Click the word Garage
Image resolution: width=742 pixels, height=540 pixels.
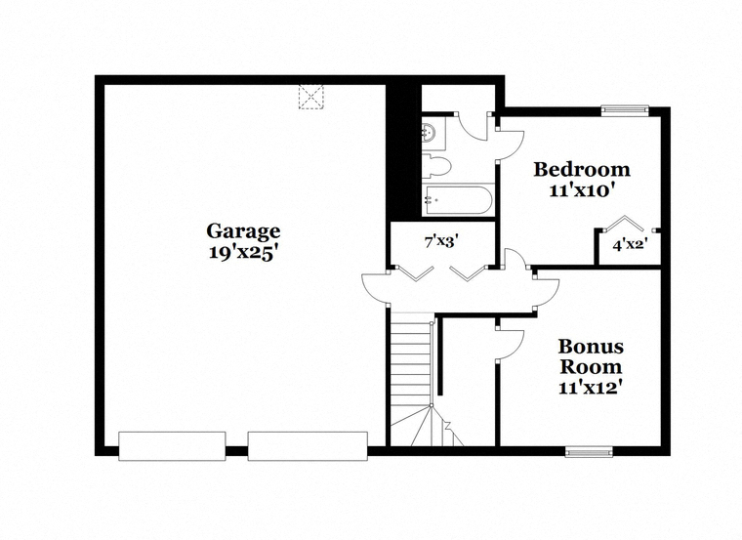coord(243,231)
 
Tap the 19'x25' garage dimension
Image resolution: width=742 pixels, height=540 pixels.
coord(242,253)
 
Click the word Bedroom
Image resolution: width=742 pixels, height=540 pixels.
coord(582,170)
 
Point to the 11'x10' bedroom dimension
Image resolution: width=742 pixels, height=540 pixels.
coord(582,190)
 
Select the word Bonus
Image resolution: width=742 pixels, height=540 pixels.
coord(591,347)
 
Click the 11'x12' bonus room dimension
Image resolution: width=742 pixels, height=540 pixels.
coord(590,388)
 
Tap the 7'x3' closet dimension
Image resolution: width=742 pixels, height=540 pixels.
coord(441,242)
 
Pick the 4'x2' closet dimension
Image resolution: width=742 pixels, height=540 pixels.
coord(630,245)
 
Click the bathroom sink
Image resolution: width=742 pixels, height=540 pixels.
coord(430,132)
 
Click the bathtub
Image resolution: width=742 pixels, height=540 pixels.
coord(458,200)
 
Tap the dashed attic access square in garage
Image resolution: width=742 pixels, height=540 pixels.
coord(310,97)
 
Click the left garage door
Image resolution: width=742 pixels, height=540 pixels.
coord(172,446)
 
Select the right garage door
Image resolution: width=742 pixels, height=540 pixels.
coord(309,446)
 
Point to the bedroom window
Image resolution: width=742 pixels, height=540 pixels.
coord(624,110)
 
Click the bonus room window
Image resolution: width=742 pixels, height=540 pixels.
coord(589,452)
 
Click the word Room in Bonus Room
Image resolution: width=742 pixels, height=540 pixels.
coord(591,367)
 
